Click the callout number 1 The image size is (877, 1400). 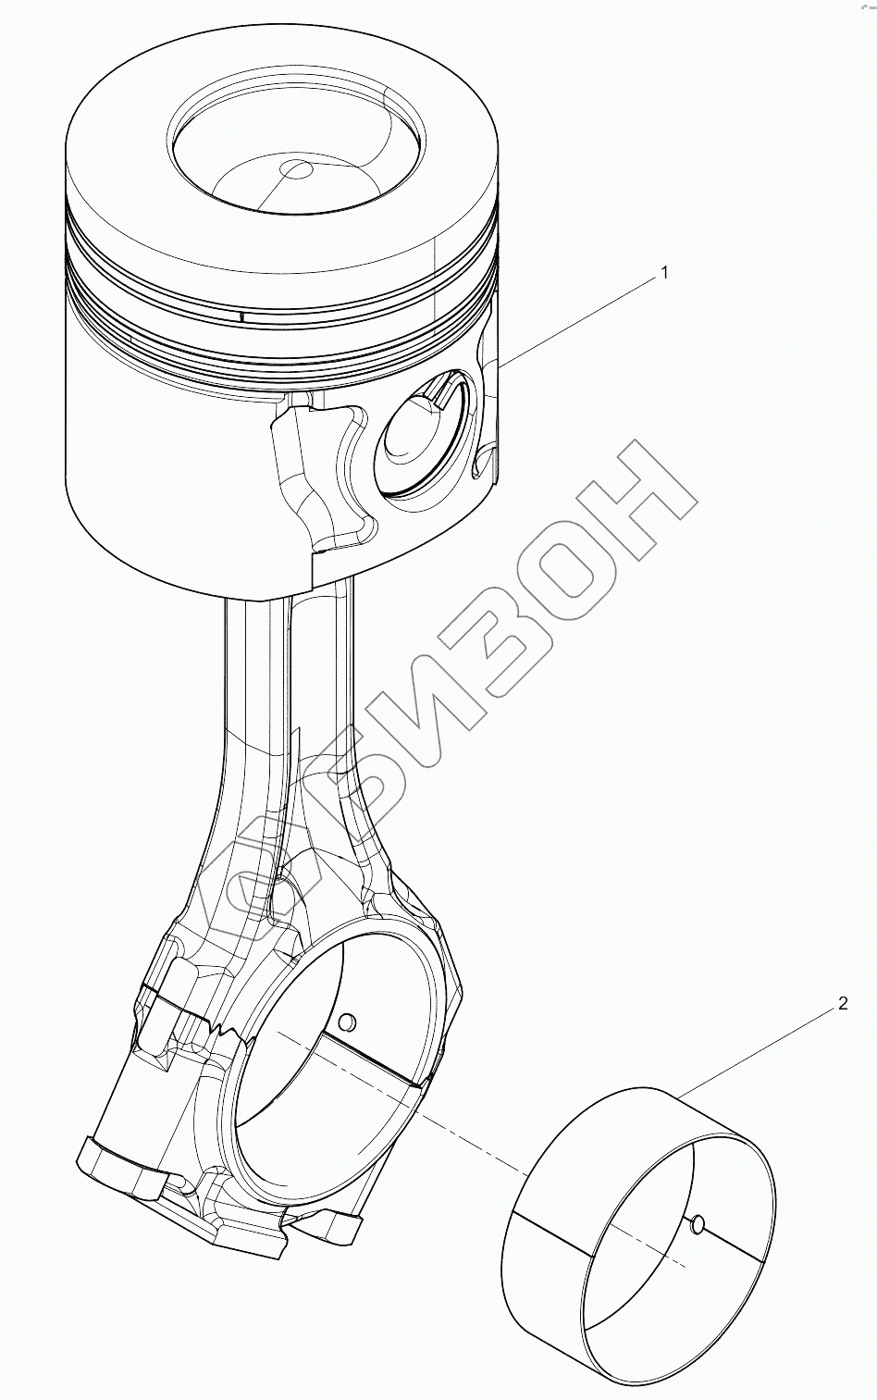(665, 274)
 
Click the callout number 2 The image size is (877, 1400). (843, 1004)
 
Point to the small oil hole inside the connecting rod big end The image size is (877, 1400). (346, 1022)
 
